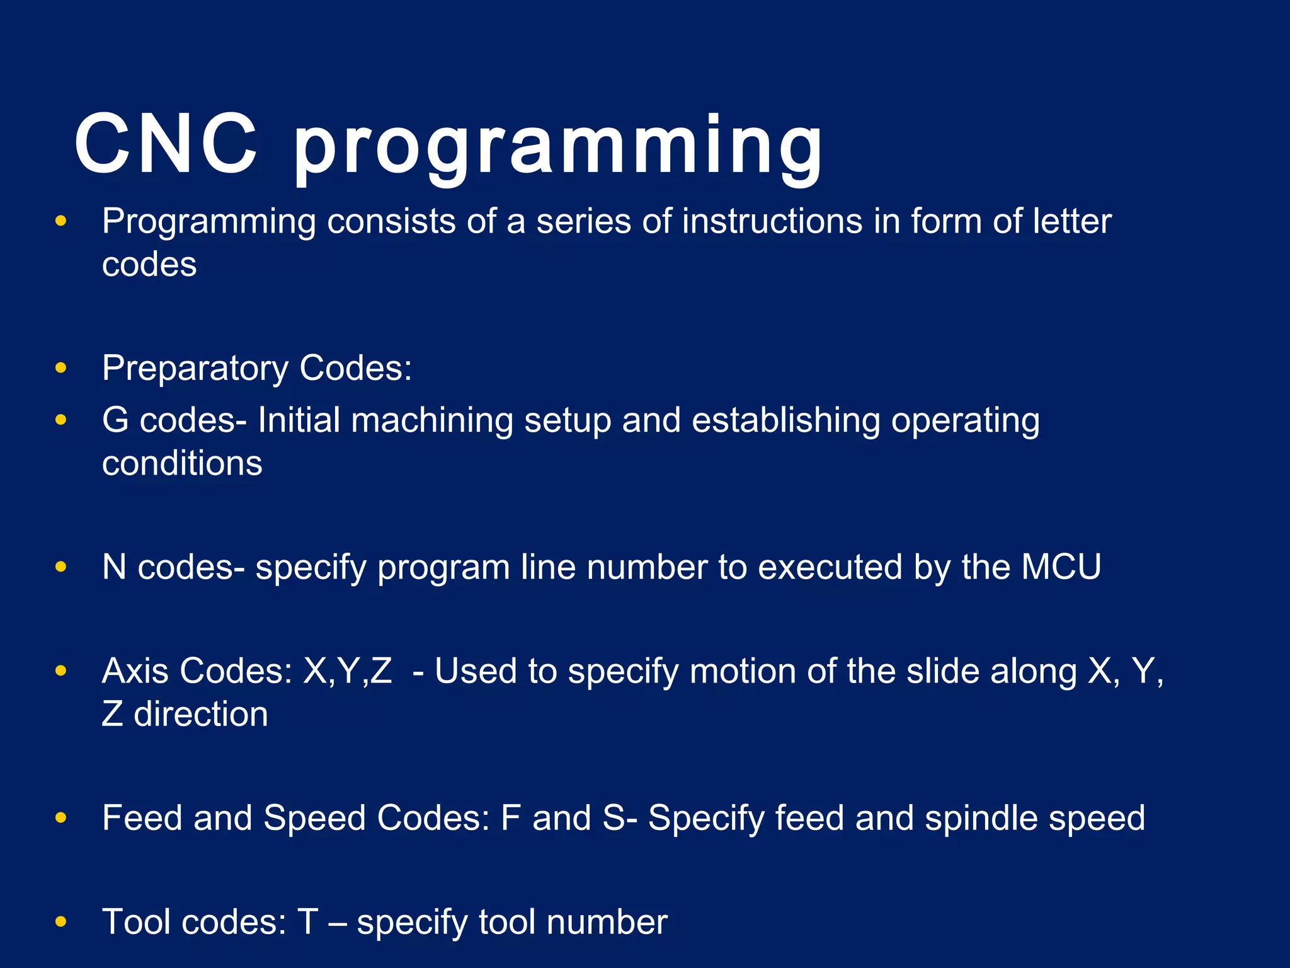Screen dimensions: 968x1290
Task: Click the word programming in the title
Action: [x=558, y=148]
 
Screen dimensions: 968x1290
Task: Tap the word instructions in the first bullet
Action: [x=772, y=222]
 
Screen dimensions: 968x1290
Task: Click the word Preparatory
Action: [x=195, y=369]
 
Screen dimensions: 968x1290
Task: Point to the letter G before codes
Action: [x=115, y=420]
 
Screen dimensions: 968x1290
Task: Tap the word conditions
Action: [x=182, y=463]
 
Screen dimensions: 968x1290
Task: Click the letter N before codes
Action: [x=114, y=567]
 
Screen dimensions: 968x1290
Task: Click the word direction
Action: [x=201, y=715]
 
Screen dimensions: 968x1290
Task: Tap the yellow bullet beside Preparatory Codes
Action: [x=61, y=368]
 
